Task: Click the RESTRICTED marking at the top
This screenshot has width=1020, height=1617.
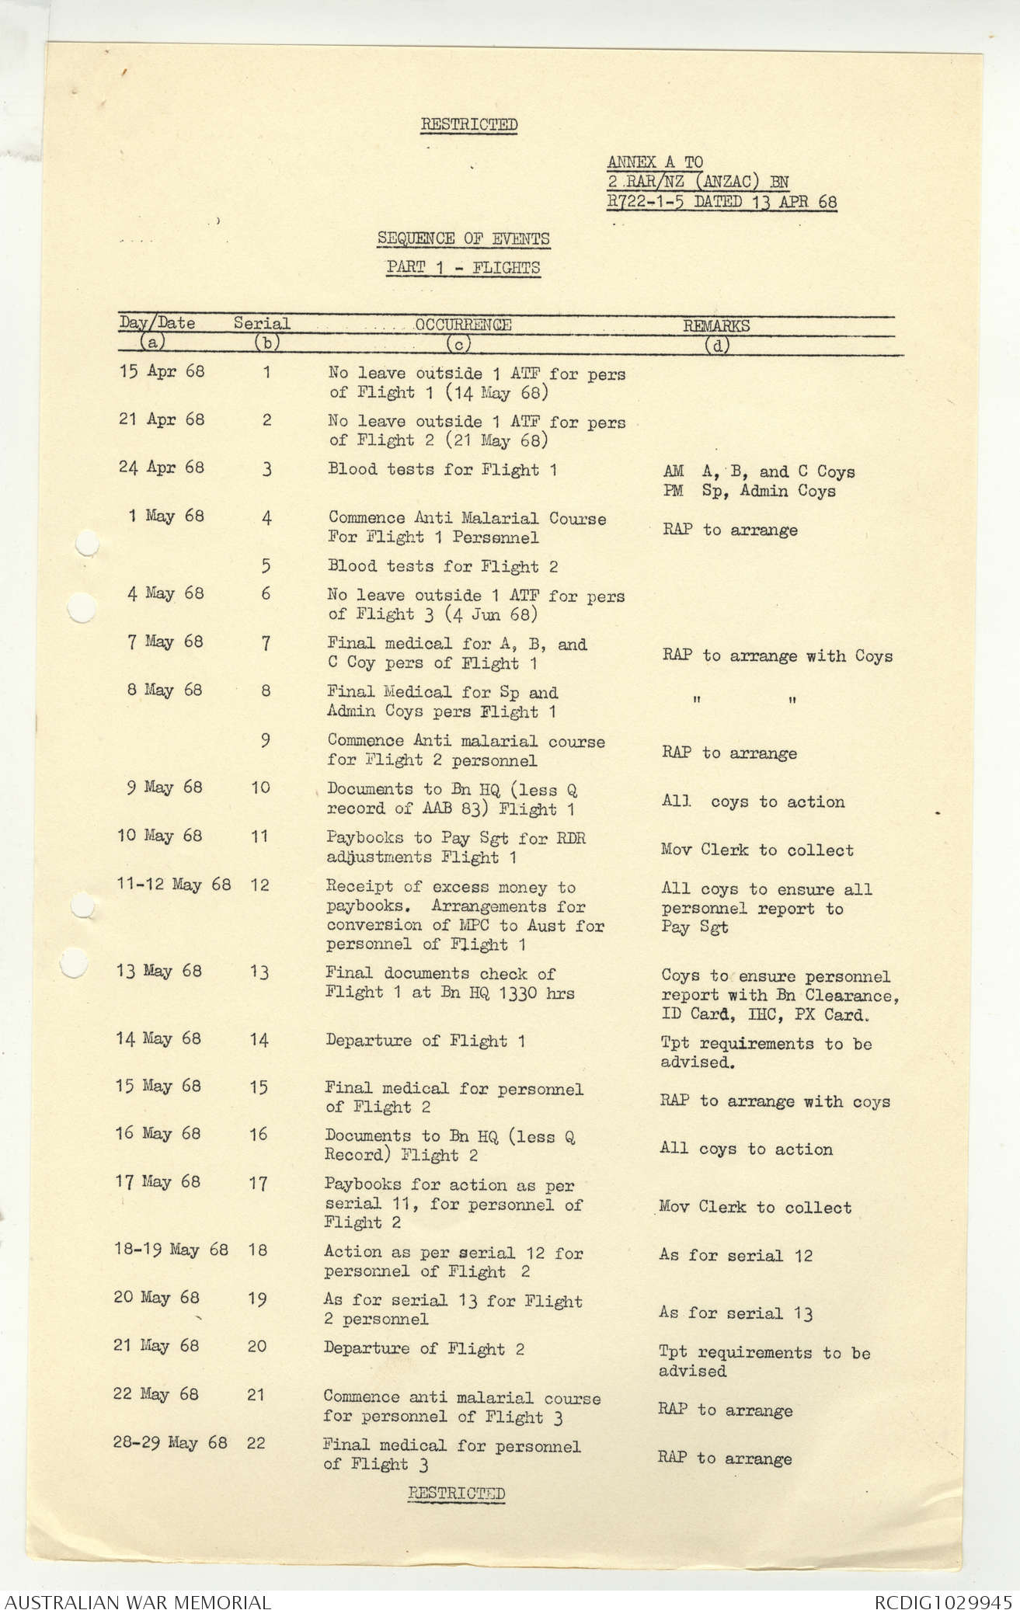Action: [469, 124]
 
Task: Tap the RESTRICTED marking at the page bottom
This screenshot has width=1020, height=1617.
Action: [457, 1493]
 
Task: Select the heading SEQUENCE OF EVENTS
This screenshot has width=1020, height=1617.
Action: [464, 238]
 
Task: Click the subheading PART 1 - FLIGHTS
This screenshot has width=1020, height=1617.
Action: [464, 268]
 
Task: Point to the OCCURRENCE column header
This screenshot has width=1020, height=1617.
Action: [463, 325]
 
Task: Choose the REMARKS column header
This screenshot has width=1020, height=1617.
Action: [716, 326]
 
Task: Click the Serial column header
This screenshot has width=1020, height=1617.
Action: [263, 323]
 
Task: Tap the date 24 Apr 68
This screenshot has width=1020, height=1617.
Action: [162, 468]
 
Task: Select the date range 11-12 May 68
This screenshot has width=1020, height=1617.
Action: [174, 885]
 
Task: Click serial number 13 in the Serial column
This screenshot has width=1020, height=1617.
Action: [259, 972]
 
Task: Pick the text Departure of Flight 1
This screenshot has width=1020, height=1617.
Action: [425, 1041]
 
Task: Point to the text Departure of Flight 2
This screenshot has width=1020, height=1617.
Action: [424, 1348]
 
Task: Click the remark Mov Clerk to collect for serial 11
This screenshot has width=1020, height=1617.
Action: [757, 850]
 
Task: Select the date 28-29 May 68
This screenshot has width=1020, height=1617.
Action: [170, 1443]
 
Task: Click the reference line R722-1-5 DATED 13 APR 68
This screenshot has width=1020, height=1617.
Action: [722, 203]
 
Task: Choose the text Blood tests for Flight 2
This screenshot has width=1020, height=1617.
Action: [443, 566]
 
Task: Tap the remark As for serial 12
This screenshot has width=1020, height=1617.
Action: [736, 1255]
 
